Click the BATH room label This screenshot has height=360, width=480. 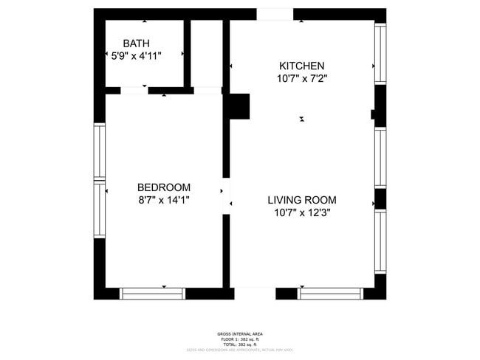(x=136, y=44)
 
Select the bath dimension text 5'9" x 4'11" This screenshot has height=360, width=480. (x=136, y=55)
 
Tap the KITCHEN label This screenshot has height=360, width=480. (x=301, y=66)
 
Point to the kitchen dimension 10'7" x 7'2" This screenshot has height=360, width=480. (x=301, y=77)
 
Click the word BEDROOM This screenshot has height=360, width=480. (x=163, y=187)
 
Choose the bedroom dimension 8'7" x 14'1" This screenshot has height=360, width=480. (x=163, y=199)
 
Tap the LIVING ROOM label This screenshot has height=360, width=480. (x=301, y=200)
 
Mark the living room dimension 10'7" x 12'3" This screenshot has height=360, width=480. (x=301, y=212)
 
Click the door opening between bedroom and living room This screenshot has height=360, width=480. (x=227, y=195)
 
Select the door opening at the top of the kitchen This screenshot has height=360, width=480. (x=274, y=14)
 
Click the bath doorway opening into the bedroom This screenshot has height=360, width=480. (x=134, y=91)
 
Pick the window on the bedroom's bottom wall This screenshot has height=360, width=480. (x=152, y=293)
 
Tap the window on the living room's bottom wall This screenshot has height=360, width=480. (x=330, y=293)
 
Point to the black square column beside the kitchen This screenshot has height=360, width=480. (x=239, y=106)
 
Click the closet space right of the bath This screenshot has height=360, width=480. (x=207, y=53)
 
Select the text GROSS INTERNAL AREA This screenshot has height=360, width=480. (x=240, y=334)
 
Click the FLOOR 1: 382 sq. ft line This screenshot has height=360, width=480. (x=240, y=339)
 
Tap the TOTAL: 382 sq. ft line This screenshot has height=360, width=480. (x=240, y=345)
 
